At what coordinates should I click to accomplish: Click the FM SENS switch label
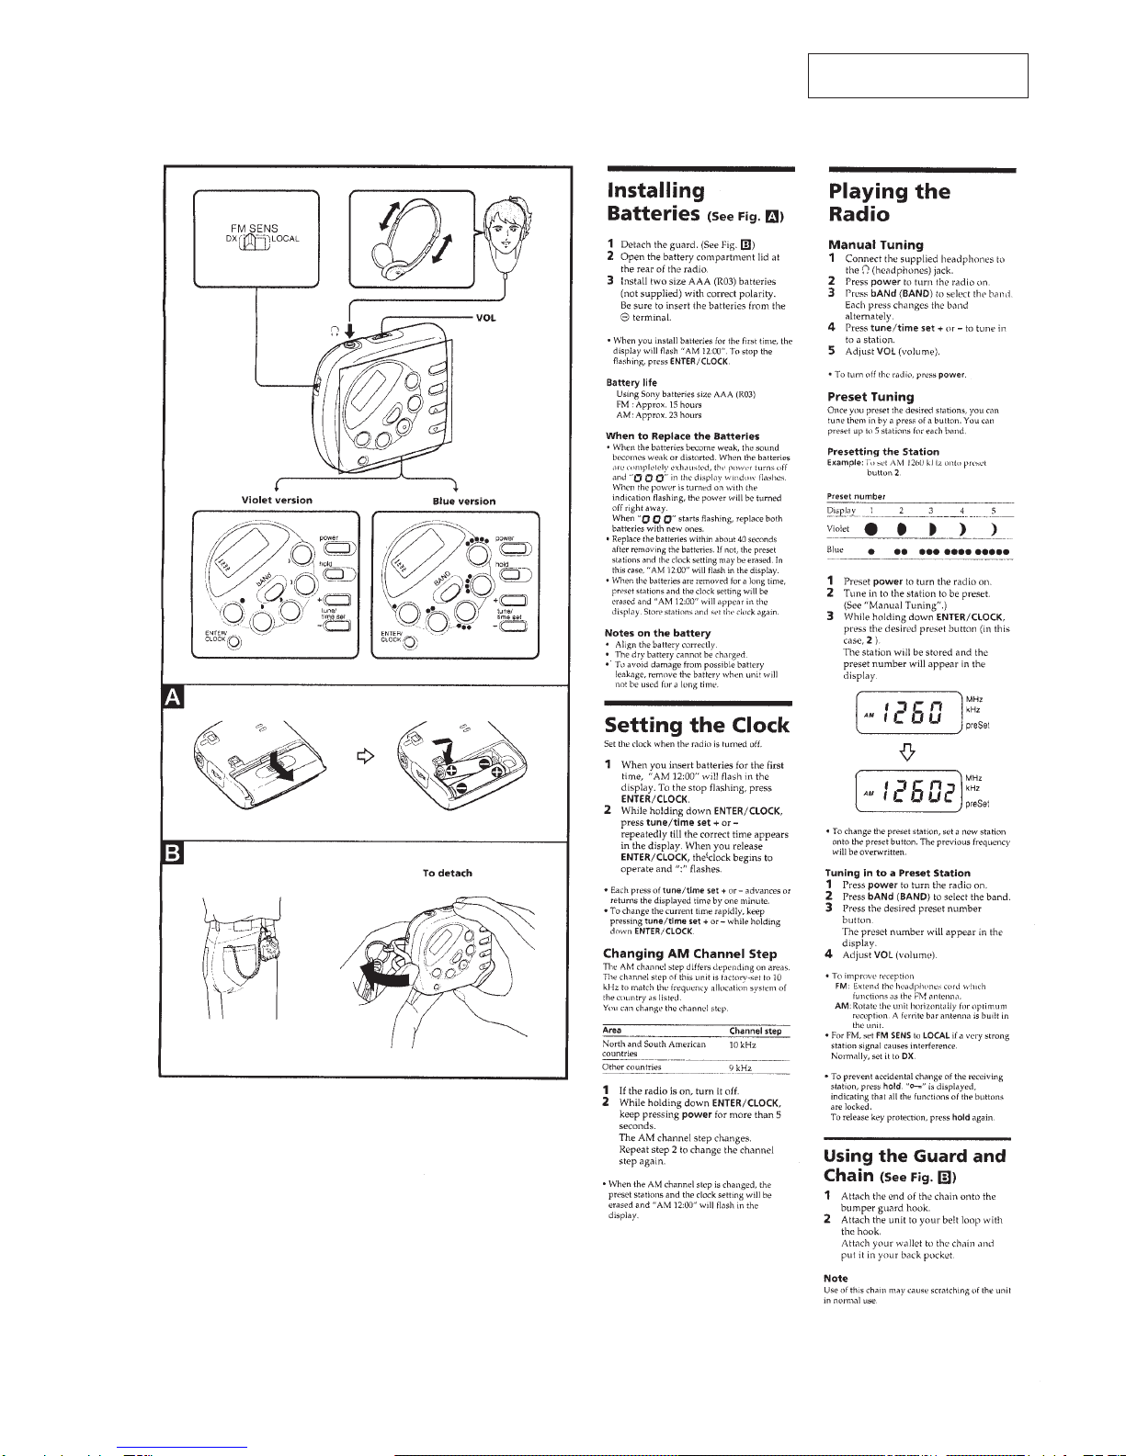[255, 228]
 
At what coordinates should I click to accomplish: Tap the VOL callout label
[485, 317]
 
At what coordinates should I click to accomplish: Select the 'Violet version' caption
[276, 501]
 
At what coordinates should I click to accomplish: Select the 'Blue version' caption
[463, 502]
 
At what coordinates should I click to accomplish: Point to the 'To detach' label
[447, 873]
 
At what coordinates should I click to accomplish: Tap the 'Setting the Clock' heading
[697, 725]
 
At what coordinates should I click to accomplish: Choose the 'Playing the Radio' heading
[889, 203]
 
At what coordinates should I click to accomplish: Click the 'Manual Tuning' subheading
[875, 245]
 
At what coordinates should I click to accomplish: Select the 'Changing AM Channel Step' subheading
[689, 954]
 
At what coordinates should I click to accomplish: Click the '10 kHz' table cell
[742, 1044]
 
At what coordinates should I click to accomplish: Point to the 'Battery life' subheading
[631, 382]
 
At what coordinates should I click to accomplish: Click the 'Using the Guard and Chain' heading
[915, 1165]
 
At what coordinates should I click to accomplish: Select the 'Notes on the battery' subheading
[657, 633]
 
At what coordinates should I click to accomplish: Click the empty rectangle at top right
[917, 75]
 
